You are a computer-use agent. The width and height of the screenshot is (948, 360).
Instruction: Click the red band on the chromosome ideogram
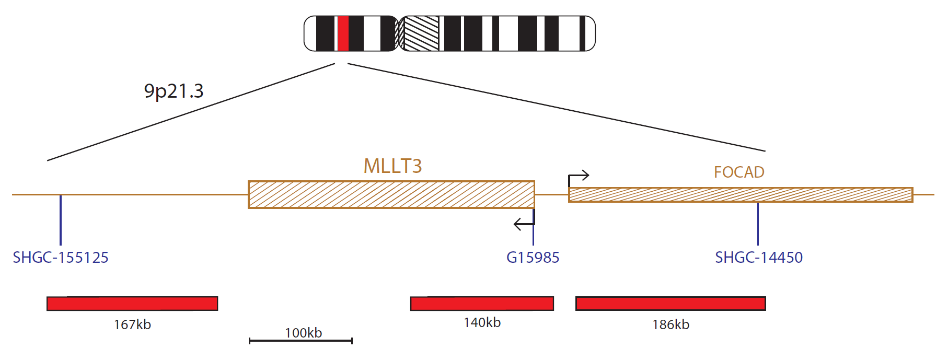tap(343, 33)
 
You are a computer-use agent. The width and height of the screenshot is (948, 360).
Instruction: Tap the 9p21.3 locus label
tap(174, 91)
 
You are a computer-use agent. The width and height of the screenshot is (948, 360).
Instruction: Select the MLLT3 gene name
tap(392, 166)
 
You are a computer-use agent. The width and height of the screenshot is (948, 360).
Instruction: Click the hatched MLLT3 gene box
tap(391, 194)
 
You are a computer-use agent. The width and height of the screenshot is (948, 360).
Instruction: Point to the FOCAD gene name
tap(739, 172)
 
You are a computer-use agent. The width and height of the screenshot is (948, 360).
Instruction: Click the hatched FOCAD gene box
tap(741, 194)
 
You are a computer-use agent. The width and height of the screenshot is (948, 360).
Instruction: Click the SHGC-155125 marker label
tap(61, 257)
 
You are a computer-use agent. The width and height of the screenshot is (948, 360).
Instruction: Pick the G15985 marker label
tap(533, 257)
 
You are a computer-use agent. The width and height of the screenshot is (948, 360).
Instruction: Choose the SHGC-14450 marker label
tap(759, 257)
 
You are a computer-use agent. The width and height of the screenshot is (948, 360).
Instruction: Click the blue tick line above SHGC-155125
tap(61, 220)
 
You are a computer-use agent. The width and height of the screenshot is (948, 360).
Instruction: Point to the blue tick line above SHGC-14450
tap(758, 224)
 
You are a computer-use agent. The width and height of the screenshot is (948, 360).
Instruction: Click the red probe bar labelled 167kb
tap(132, 304)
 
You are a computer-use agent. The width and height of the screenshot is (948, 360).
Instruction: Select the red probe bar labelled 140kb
tap(482, 304)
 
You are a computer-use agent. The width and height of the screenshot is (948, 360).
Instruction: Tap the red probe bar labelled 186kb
tap(670, 304)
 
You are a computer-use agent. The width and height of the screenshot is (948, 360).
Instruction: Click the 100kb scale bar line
tap(301, 341)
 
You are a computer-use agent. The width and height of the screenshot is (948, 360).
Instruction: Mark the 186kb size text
tap(670, 324)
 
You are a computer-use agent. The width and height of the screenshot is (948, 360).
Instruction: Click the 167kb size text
tap(132, 324)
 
